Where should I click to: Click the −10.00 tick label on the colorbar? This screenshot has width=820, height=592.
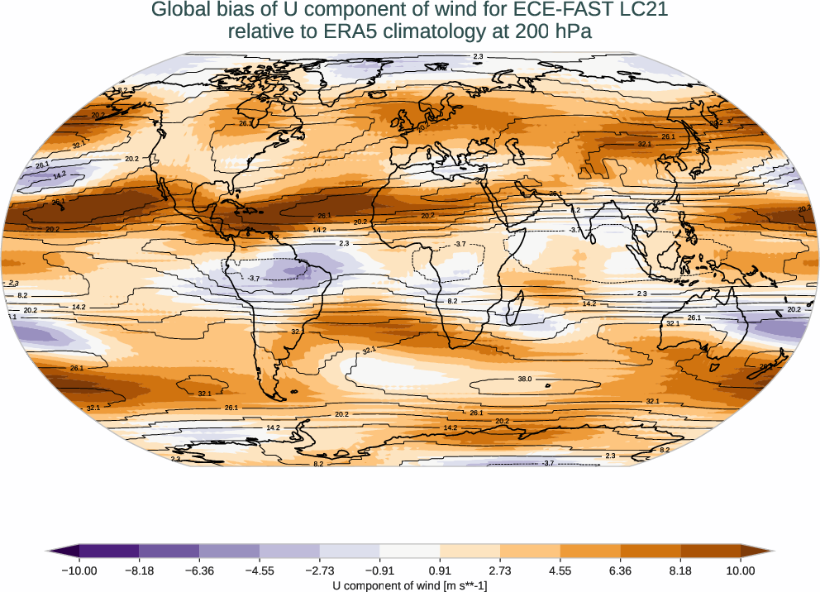[79, 570]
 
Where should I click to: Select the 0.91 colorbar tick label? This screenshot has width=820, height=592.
[440, 570]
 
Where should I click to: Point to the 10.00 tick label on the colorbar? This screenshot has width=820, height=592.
[741, 570]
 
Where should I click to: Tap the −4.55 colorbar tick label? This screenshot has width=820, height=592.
[260, 570]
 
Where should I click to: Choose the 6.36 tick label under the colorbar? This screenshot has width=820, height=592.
[620, 570]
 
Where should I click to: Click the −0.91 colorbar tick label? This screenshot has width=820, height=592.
[379, 570]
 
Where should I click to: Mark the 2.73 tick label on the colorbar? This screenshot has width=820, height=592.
[500, 570]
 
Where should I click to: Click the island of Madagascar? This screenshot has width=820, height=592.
[513, 312]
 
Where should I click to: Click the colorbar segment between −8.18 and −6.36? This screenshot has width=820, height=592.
[169, 551]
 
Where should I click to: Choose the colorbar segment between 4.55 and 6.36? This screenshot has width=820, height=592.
[590, 551]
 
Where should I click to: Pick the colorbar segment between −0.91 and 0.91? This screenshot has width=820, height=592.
[410, 551]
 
